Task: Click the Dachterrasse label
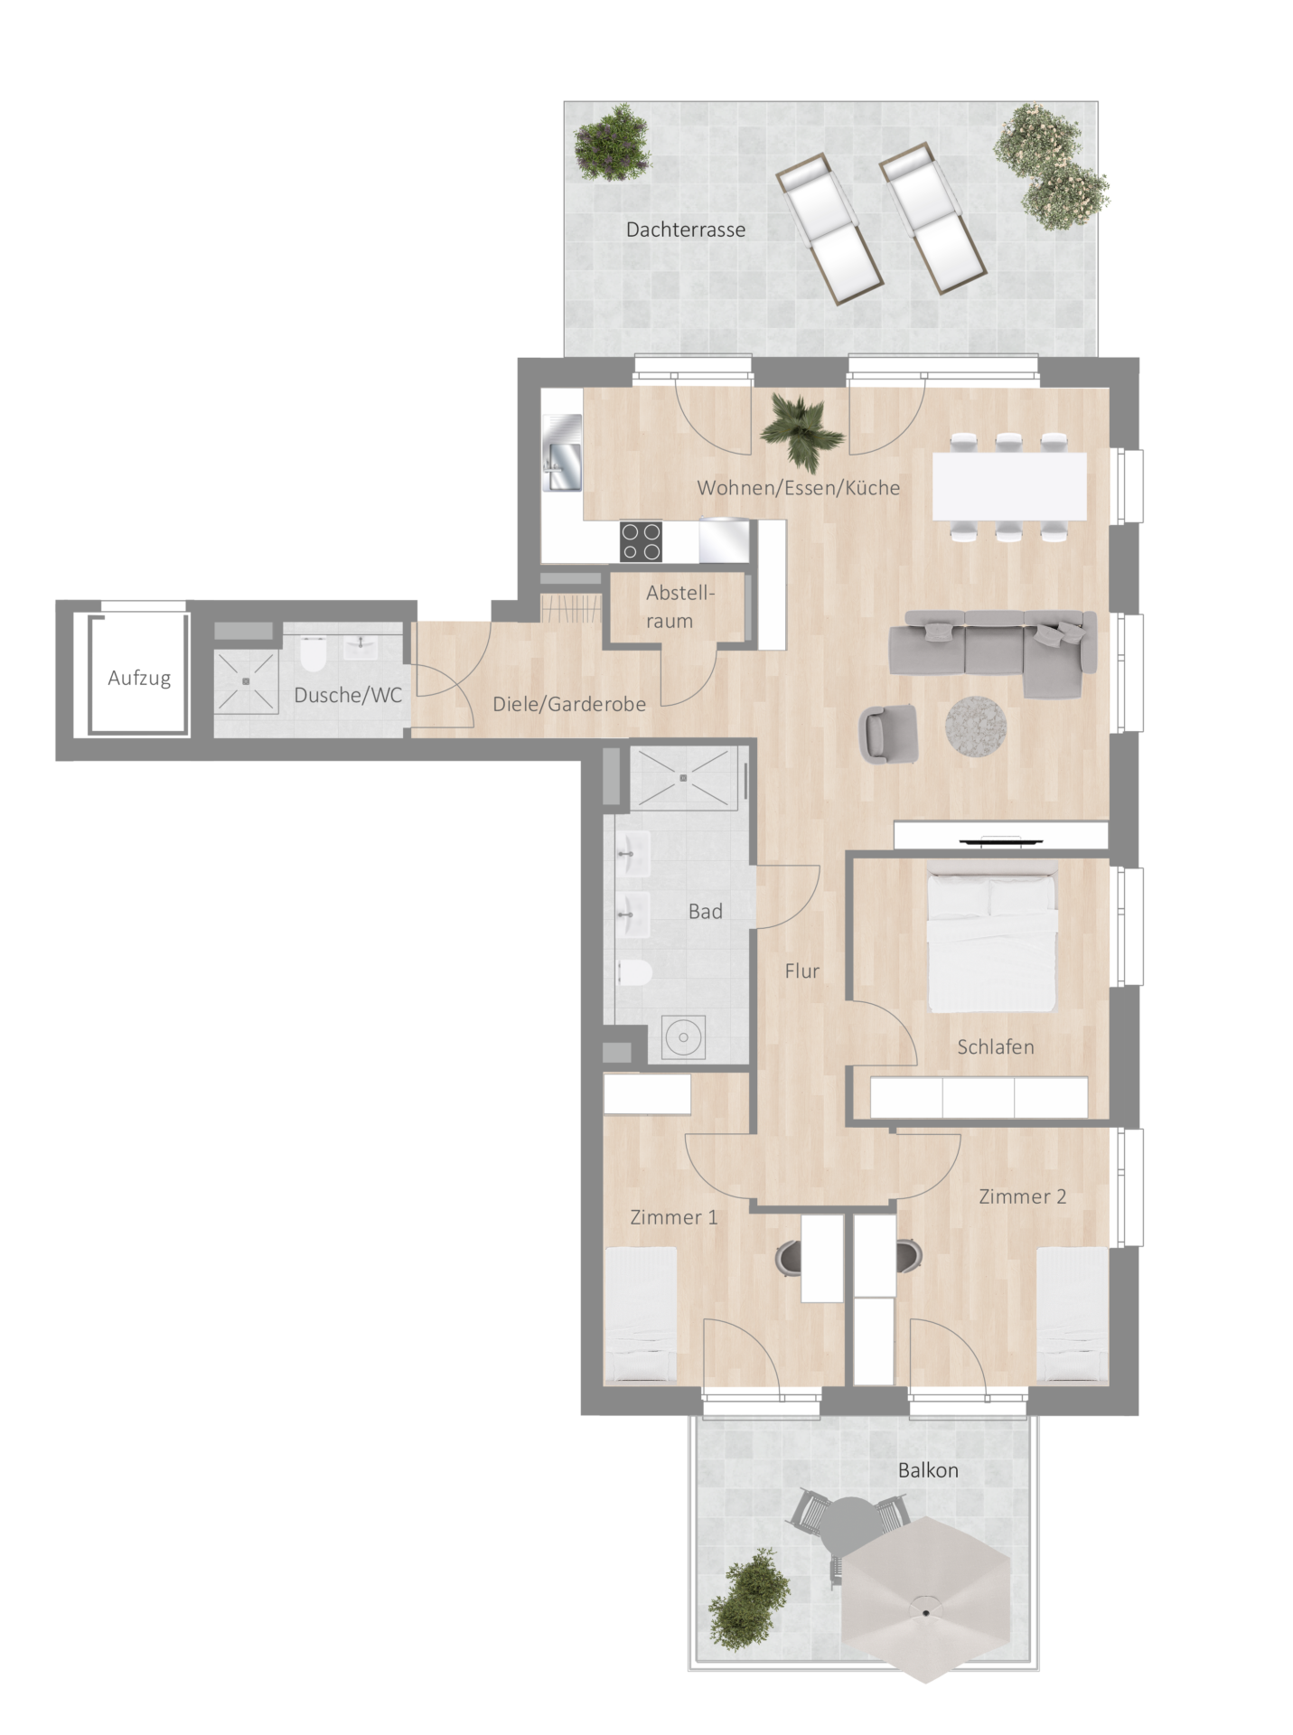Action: coord(686,230)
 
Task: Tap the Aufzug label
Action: coord(139,678)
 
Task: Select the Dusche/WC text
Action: coord(348,695)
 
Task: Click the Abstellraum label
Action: coord(679,606)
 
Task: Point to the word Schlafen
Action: coord(996,1046)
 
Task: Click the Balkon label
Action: coord(928,1470)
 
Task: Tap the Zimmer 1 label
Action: coord(674,1217)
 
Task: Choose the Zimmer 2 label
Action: coord(1023,1196)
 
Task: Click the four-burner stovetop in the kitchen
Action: coord(641,541)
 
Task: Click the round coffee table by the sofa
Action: coord(976,726)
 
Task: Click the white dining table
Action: coord(1009,486)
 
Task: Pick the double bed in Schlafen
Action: coord(992,936)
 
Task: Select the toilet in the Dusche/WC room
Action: coord(313,654)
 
